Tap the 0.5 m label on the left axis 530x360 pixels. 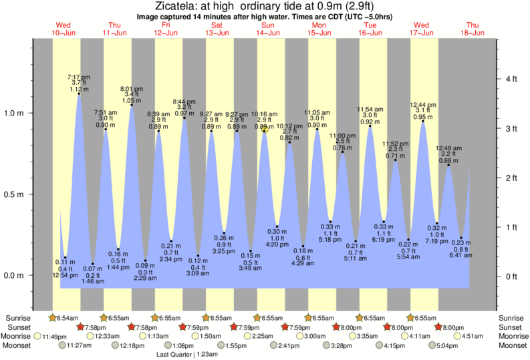point(16,194)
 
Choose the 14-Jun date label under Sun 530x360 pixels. point(269,32)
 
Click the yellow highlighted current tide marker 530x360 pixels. point(265,130)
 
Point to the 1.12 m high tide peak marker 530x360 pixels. point(80,94)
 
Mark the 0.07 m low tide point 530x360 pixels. point(93,264)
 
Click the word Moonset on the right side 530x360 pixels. point(512,345)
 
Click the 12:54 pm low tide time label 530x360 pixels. point(65,275)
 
